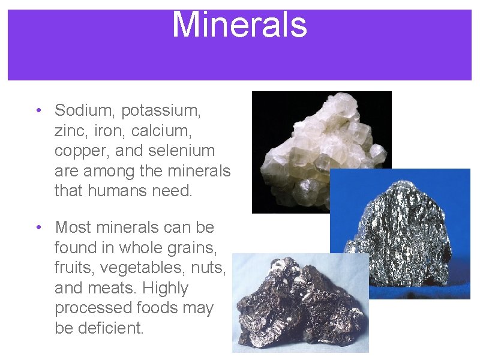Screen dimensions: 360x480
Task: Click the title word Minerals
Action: coord(239,25)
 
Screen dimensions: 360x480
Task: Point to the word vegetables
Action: coord(142,268)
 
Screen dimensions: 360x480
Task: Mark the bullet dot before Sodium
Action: coord(38,110)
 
